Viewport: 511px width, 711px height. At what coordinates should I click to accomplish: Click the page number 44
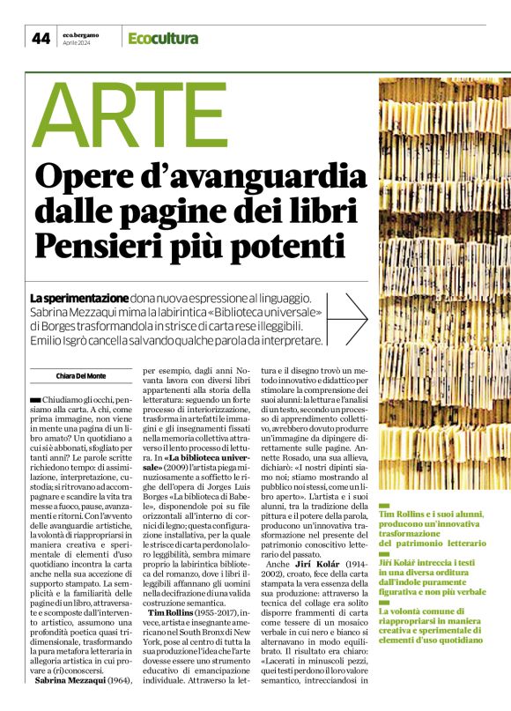point(41,37)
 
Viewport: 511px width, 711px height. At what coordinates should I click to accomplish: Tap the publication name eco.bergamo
point(81,33)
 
